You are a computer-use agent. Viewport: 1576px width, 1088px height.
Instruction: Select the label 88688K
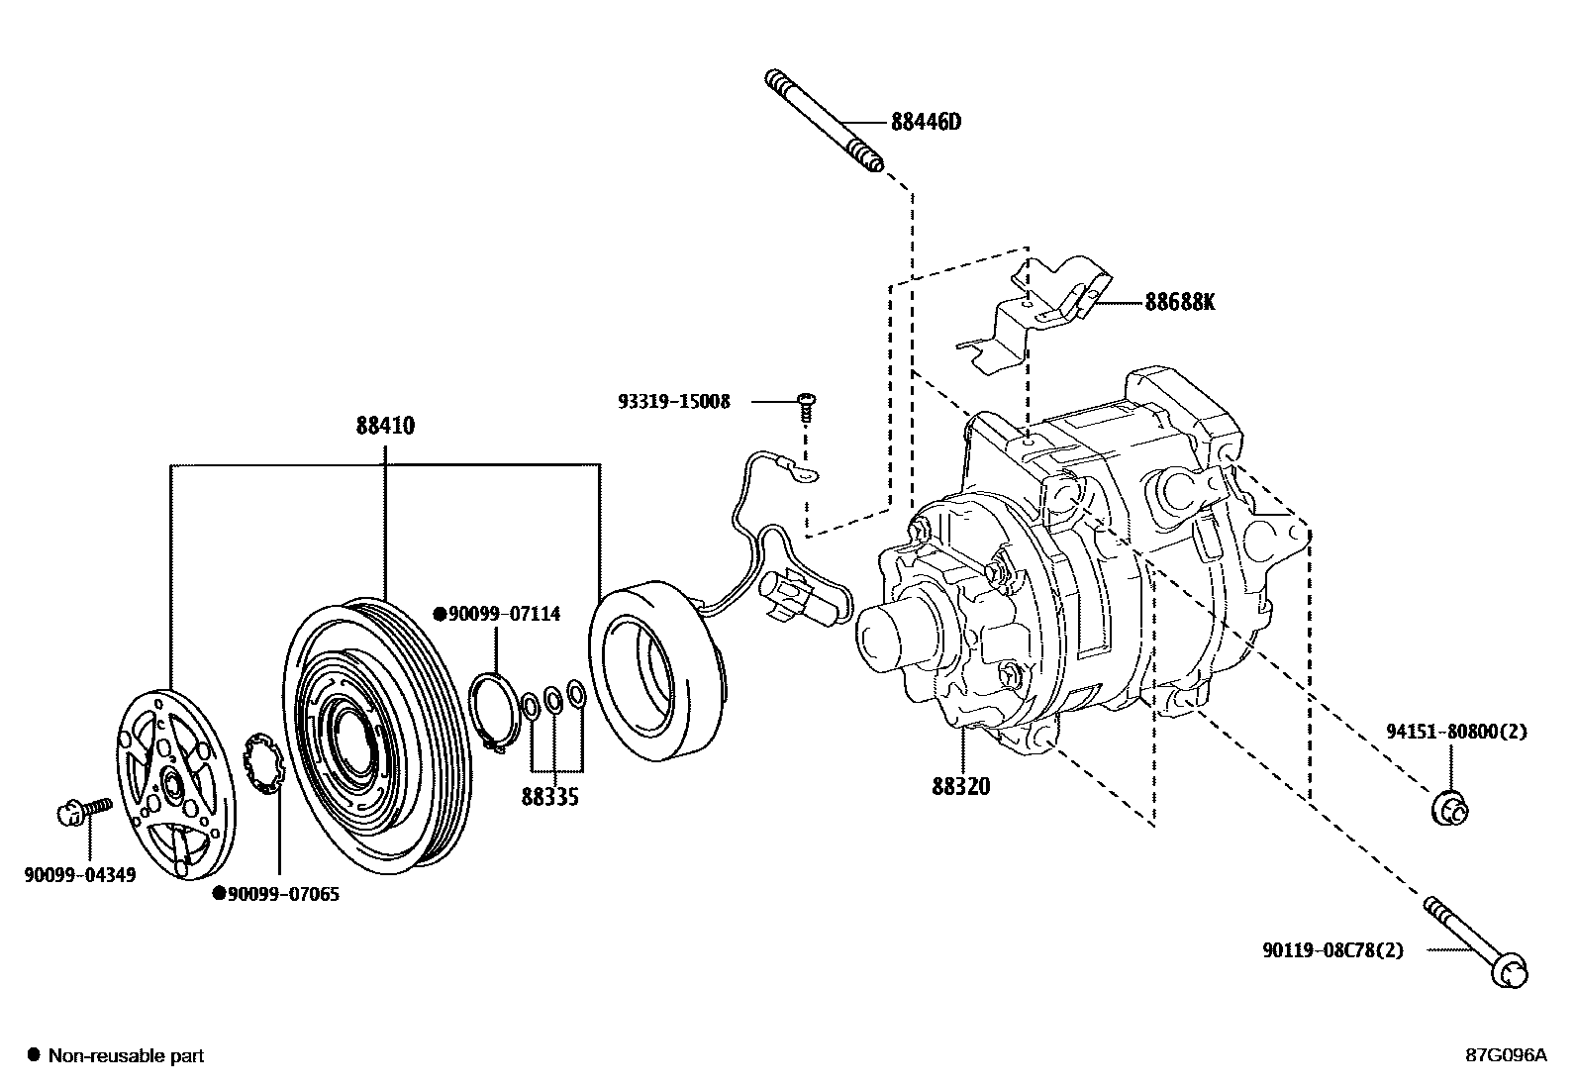(x=1179, y=302)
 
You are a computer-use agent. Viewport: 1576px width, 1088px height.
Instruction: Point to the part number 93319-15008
(x=673, y=401)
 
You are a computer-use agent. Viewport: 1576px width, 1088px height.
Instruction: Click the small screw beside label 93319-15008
(x=805, y=402)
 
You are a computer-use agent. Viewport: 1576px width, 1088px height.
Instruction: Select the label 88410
(x=385, y=427)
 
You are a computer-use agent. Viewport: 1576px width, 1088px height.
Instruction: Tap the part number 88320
(x=960, y=787)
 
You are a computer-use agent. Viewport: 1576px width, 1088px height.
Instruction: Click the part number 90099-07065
(x=282, y=894)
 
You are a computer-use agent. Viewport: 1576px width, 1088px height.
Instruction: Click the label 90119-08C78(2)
(x=1332, y=950)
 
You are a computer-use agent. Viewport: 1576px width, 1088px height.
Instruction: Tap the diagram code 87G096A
(x=1505, y=1055)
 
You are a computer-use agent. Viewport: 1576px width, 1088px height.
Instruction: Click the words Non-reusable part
(x=127, y=1056)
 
